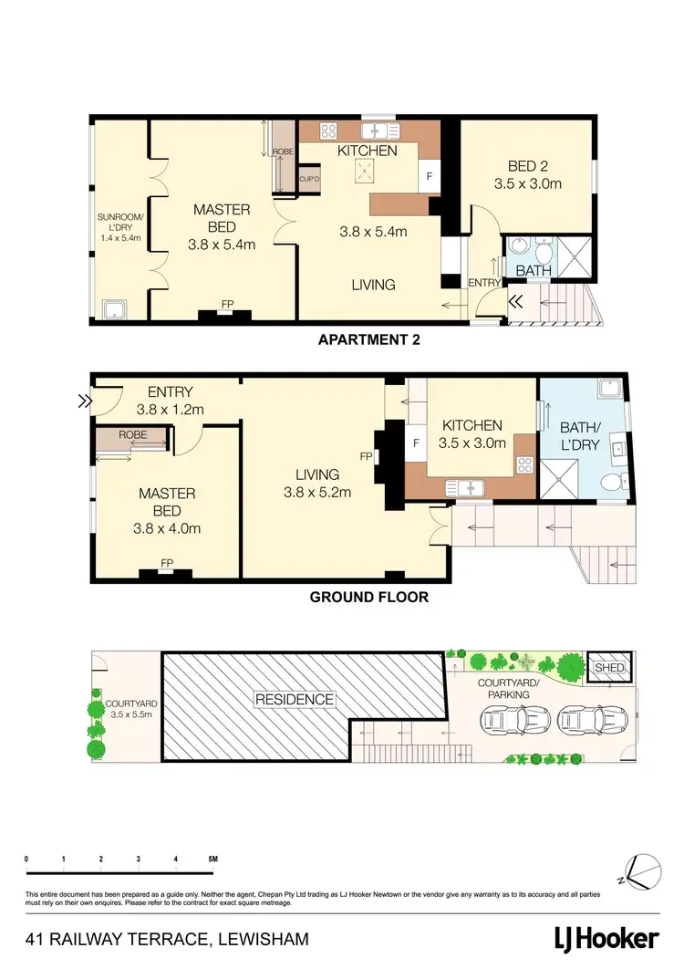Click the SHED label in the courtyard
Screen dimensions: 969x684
coord(608,668)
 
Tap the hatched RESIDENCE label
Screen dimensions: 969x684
coord(295,699)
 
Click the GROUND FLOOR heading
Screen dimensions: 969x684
coord(368,598)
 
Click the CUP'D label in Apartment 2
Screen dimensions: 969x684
coord(309,179)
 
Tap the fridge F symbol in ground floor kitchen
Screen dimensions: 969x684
coord(416,443)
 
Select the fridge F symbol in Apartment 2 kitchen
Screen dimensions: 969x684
coord(429,172)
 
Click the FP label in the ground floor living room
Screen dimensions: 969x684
coord(366,455)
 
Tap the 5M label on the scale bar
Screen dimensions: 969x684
coord(212,860)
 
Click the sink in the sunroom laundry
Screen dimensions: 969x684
coord(115,309)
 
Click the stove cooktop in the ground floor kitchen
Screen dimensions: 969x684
coord(524,463)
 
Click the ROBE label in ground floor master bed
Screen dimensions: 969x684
coord(132,435)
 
